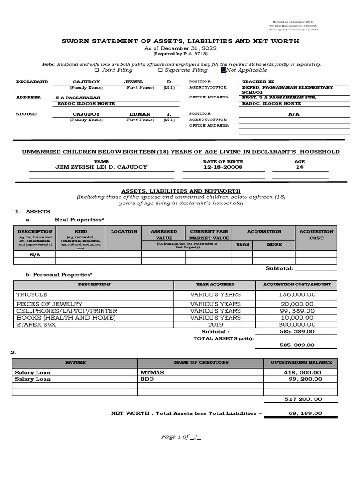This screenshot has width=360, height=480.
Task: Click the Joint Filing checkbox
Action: (x=97, y=70)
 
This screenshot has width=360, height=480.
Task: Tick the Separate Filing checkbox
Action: (x=160, y=70)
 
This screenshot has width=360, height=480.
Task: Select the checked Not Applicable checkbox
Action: (x=224, y=70)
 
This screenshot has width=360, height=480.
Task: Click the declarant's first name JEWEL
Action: (x=134, y=82)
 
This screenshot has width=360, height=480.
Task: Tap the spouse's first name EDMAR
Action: (x=140, y=114)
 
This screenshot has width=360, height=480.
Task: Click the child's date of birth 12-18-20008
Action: (x=217, y=167)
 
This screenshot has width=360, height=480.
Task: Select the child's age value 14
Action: (x=300, y=167)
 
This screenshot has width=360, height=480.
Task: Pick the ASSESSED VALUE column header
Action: (x=164, y=234)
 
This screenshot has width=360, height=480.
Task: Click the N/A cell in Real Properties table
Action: (x=35, y=255)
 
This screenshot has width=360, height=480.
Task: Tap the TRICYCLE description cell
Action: (x=32, y=294)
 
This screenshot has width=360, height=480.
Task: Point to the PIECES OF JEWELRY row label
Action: (x=49, y=304)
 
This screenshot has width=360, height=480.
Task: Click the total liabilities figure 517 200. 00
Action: (x=303, y=399)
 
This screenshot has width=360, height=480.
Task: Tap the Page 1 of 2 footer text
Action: (x=180, y=437)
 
